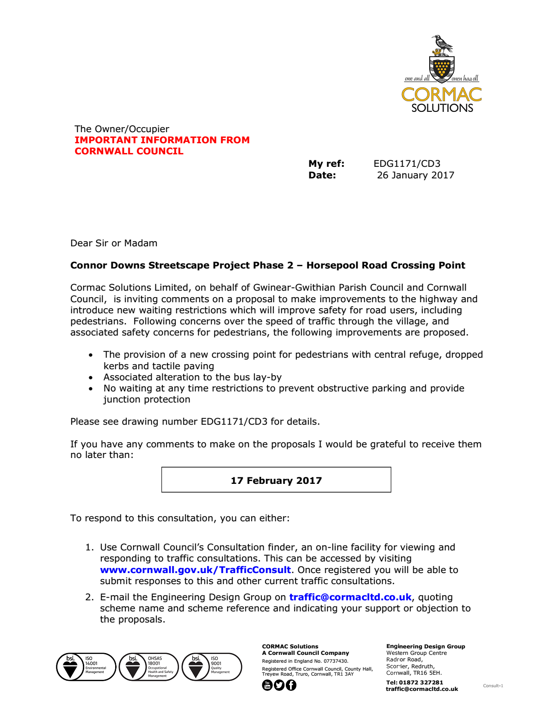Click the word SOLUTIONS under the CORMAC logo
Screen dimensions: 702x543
click(x=442, y=108)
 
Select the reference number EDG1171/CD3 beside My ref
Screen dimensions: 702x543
click(x=407, y=164)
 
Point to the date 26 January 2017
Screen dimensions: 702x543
click(x=415, y=175)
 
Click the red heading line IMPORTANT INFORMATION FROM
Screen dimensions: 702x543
click(x=162, y=140)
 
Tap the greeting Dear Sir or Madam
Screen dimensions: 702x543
click(x=114, y=243)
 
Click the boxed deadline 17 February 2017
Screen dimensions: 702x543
click(x=276, y=481)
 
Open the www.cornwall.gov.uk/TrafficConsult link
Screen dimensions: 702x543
click(x=195, y=570)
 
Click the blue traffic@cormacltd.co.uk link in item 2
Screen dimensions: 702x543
click(x=350, y=597)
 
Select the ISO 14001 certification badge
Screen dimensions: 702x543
click(x=86, y=667)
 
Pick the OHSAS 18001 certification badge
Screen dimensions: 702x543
click(x=149, y=667)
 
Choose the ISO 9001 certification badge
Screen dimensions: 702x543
click(x=212, y=667)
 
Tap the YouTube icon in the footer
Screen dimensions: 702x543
click(x=267, y=685)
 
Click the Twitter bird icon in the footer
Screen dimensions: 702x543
click(x=279, y=685)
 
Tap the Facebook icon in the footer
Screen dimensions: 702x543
click(x=291, y=685)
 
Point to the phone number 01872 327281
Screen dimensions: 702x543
click(x=421, y=682)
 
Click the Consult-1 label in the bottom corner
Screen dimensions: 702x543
click(x=493, y=686)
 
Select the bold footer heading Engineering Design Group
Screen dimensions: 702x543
click(x=426, y=647)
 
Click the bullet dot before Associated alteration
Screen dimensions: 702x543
click(x=91, y=378)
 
